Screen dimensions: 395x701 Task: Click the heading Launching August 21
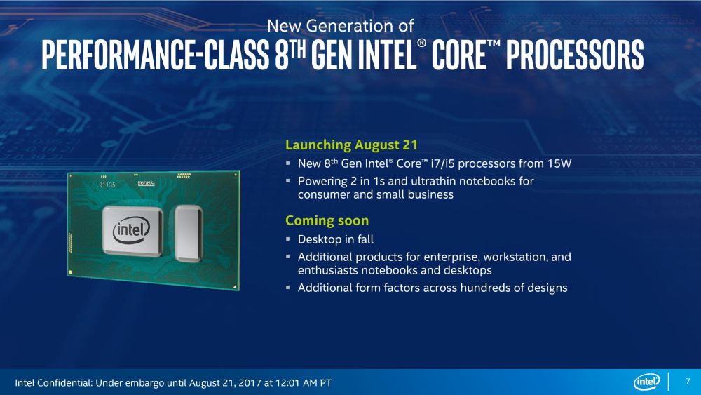[x=351, y=145]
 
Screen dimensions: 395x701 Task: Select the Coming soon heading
[x=327, y=220]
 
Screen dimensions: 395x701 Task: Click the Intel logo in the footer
[x=646, y=382]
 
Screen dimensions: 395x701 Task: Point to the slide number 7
[x=687, y=382]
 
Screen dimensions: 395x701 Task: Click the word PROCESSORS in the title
[x=576, y=55]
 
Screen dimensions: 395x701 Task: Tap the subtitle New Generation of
[x=341, y=26]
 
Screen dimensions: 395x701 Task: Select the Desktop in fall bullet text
[x=336, y=239]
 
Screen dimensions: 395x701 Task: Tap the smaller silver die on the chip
[x=188, y=229]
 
